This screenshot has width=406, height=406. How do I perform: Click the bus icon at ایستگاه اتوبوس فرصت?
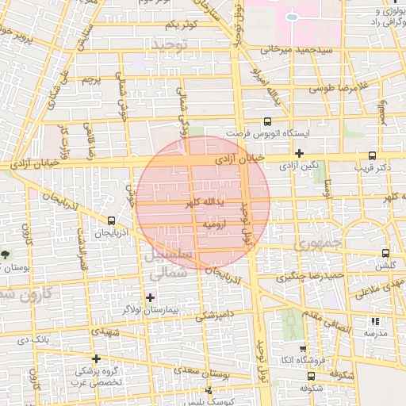(267, 121)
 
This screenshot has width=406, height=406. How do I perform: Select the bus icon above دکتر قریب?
(373, 156)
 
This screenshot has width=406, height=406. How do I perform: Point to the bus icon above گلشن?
(385, 253)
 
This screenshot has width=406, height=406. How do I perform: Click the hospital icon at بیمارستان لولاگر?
(151, 297)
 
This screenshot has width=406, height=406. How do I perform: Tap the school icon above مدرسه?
(375, 321)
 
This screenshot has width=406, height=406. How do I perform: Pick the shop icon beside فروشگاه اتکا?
(302, 349)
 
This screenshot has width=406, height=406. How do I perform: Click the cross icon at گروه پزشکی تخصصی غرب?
(96, 359)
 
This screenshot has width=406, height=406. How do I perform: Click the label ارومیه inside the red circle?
(215, 225)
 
